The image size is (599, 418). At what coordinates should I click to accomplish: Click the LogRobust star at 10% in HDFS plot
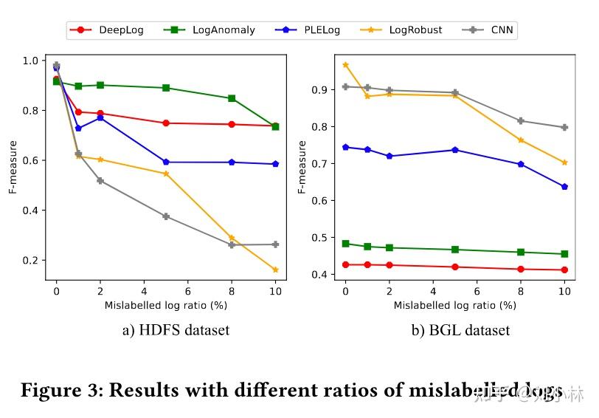[275, 270]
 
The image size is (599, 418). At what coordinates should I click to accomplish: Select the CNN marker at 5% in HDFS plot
[166, 216]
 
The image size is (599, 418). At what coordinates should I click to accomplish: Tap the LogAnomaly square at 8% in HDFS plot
[232, 98]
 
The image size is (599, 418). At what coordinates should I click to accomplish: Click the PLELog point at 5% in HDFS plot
[166, 162]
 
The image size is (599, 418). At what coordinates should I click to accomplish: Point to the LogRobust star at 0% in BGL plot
[345, 65]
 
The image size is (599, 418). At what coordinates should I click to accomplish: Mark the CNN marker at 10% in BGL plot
[564, 127]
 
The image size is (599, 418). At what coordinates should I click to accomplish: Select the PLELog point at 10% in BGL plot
[564, 187]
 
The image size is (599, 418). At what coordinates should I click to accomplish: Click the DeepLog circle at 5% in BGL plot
[455, 267]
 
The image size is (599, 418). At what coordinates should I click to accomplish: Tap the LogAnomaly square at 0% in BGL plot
[345, 243]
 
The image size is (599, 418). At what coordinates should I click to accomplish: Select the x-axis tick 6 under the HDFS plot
[187, 291]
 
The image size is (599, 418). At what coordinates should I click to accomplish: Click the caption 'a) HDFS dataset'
[176, 330]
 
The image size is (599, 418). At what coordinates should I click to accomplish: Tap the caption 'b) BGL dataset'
[460, 330]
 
